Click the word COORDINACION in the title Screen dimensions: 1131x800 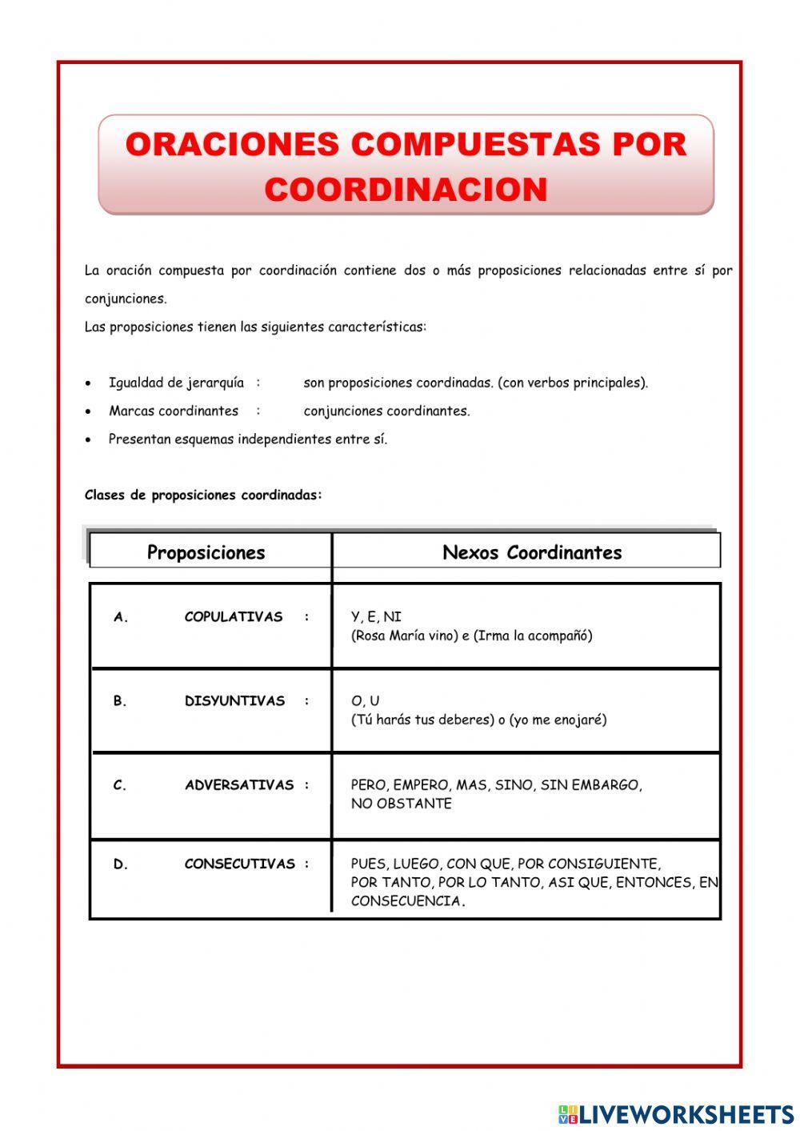pyautogui.click(x=406, y=190)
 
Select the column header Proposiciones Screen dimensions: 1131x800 pyautogui.click(x=206, y=552)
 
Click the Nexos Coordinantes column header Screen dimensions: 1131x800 pyautogui.click(x=531, y=552)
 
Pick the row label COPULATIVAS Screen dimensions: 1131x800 pyautogui.click(x=233, y=617)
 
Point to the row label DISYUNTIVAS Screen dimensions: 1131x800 pyautogui.click(x=234, y=701)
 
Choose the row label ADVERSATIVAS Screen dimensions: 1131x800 pyautogui.click(x=239, y=785)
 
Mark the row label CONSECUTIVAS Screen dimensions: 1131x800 pyautogui.click(x=239, y=864)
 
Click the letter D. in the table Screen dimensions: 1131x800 pyautogui.click(x=121, y=864)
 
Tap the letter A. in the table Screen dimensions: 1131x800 pyautogui.click(x=121, y=617)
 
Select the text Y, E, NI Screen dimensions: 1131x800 pyautogui.click(x=376, y=617)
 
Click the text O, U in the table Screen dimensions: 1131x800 pyautogui.click(x=365, y=701)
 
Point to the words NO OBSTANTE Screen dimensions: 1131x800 pyautogui.click(x=401, y=804)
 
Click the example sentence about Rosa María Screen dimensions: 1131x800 pyautogui.click(x=471, y=636)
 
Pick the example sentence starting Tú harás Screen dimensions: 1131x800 pyautogui.click(x=478, y=720)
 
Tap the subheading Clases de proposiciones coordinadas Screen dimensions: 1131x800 pyautogui.click(x=203, y=495)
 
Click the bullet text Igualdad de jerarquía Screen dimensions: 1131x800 pyautogui.click(x=176, y=383)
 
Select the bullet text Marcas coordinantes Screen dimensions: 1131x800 pyautogui.click(x=174, y=411)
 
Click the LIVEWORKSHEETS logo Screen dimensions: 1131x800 pyautogui.click(x=676, y=1113)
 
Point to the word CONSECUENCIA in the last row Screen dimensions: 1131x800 pyautogui.click(x=406, y=901)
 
